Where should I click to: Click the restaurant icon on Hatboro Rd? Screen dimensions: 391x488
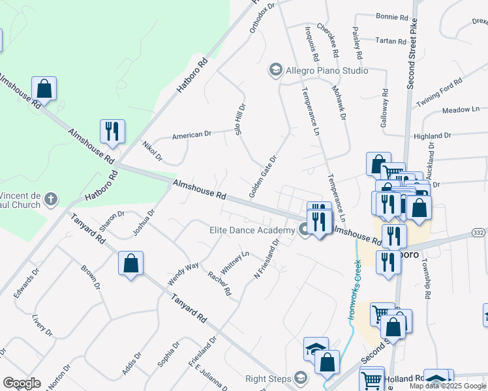tap(112, 131)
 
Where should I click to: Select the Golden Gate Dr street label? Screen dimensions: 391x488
tap(263, 177)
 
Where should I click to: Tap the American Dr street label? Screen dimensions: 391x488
tap(192, 135)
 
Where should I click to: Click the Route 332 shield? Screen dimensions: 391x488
tap(480, 233)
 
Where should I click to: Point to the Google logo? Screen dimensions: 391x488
tap(22, 383)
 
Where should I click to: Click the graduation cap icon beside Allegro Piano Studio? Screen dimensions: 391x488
tap(275, 70)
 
